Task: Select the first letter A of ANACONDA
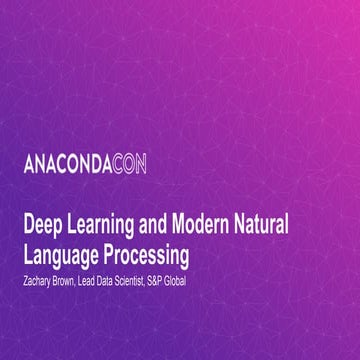pos(28,164)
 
